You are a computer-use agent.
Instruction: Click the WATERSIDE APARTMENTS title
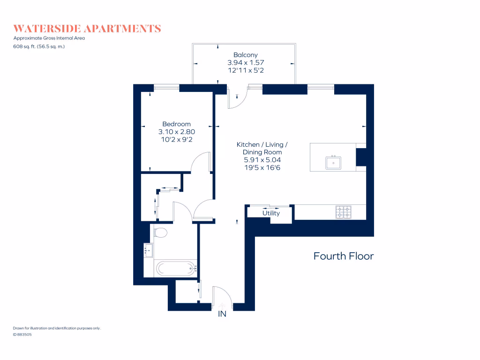click(87, 29)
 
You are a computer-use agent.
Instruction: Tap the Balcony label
click(245, 55)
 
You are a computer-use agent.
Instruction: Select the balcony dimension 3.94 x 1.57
click(245, 62)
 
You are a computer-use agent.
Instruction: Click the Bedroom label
click(176, 124)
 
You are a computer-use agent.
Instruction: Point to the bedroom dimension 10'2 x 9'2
click(176, 140)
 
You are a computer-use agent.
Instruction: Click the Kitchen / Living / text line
click(262, 144)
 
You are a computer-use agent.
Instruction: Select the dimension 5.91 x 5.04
click(262, 160)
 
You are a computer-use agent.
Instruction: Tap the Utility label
click(271, 213)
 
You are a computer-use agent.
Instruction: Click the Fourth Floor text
click(343, 256)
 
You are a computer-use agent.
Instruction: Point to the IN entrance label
click(222, 314)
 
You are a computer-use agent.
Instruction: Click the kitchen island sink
click(333, 163)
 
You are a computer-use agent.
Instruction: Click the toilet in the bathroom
click(160, 232)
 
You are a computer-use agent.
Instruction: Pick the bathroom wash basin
click(148, 251)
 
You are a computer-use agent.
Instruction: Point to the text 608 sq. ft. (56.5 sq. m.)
click(39, 46)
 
